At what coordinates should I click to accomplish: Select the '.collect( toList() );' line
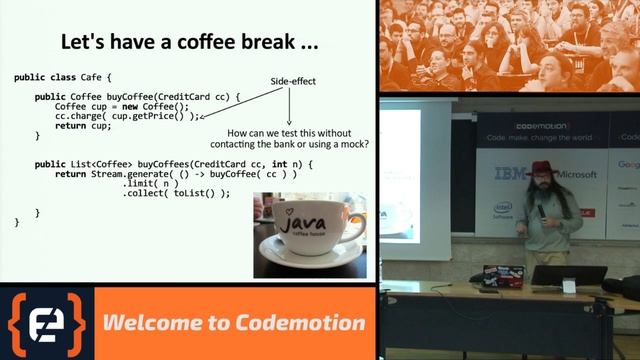pyautogui.click(x=177, y=193)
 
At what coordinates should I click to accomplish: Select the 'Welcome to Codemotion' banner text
pyautogui.click(x=235, y=323)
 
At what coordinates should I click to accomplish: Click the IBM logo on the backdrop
pyautogui.click(x=510, y=174)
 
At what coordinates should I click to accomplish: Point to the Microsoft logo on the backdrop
pyautogui.click(x=577, y=174)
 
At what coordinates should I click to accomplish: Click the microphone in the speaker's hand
pyautogui.click(x=541, y=211)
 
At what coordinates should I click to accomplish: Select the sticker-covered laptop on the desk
pyautogui.click(x=502, y=274)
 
